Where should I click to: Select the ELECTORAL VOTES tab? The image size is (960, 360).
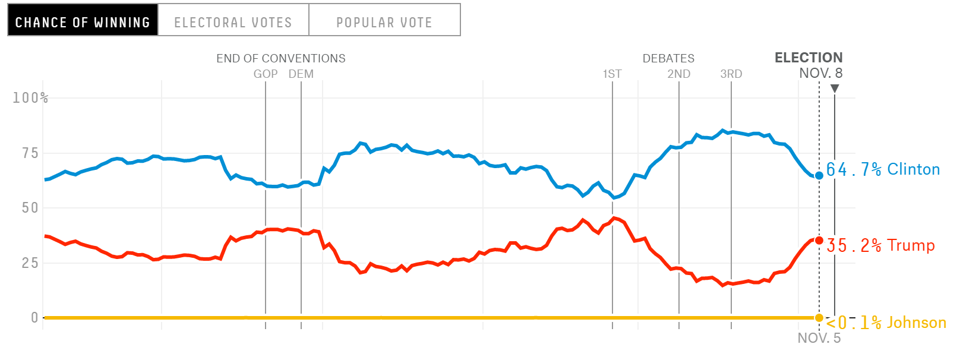pos(233,22)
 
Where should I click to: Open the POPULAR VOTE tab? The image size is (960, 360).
pos(384,22)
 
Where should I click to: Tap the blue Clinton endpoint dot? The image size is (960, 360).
pos(819,175)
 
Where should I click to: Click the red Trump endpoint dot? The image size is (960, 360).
pos(819,241)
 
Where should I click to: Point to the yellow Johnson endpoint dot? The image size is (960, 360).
pos(819,318)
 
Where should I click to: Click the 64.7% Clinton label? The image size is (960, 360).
pos(883,169)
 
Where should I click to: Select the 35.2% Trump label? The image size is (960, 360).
pos(880,245)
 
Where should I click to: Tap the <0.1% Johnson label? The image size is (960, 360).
pos(885,323)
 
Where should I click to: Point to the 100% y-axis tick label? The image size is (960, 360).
pos(30,97)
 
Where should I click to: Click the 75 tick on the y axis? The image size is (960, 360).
pos(30,153)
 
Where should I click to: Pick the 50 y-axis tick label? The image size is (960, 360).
pos(30,208)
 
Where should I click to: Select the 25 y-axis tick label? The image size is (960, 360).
pos(30,263)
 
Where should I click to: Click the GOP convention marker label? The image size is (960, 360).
pos(266,74)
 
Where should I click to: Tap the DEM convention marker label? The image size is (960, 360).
pos(301,74)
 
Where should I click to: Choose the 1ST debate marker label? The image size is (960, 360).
pos(612,74)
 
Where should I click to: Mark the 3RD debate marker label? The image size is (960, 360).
pos(731,74)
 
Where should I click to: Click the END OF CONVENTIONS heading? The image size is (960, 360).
pos(280,58)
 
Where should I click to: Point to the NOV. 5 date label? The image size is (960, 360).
pos(819,338)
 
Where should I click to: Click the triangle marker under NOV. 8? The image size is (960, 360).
pos(835,89)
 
